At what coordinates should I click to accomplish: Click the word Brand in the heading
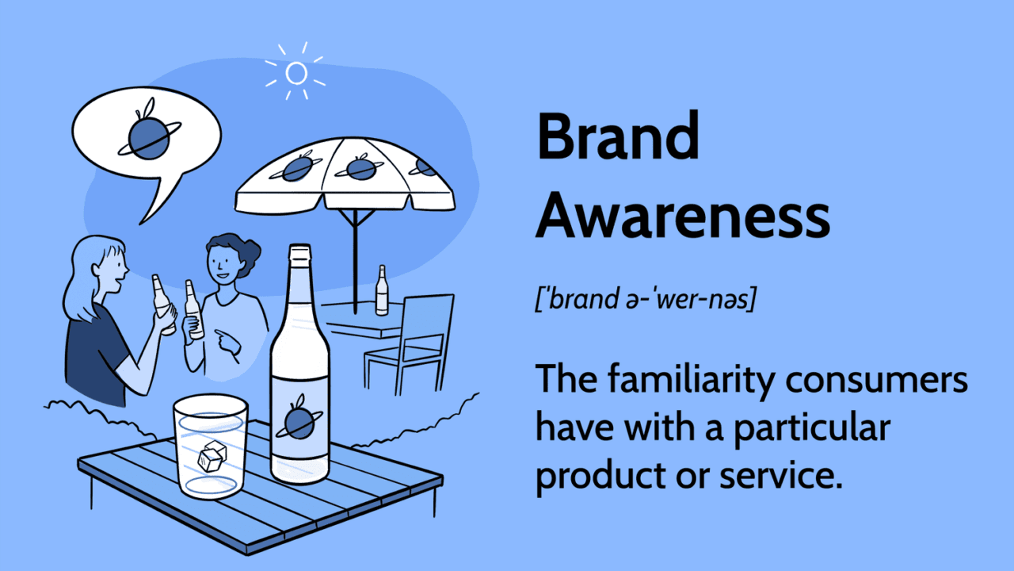pos(618,136)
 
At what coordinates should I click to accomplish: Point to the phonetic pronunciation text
pos(646,298)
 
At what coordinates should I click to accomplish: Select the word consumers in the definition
pos(876,381)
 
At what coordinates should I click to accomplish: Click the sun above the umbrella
pos(296,72)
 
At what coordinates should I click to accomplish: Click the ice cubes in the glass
pos(212,456)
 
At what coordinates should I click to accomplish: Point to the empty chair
pos(410,344)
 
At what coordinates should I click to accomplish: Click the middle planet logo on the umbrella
pos(360,167)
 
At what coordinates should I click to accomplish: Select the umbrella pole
pos(356,262)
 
